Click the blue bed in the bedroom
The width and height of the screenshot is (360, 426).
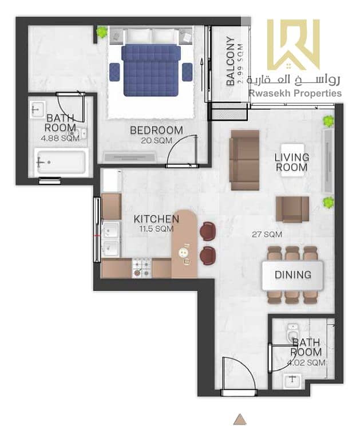(x=151, y=70)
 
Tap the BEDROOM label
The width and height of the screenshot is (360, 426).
(x=156, y=131)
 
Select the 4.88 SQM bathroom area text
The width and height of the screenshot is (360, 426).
(x=60, y=139)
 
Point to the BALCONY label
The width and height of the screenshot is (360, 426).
(x=231, y=61)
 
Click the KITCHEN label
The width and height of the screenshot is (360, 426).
(x=156, y=219)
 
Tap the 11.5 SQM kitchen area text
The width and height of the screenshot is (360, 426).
(x=156, y=229)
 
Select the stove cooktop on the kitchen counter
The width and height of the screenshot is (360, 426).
(x=142, y=268)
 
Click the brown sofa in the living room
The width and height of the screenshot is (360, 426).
(x=244, y=160)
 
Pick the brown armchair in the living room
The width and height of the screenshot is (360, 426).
(x=292, y=209)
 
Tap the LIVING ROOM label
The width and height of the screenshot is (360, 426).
(x=292, y=162)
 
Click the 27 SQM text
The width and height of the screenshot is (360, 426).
(x=267, y=234)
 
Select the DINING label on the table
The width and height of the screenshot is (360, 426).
(x=293, y=275)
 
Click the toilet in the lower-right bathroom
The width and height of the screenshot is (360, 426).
(x=293, y=332)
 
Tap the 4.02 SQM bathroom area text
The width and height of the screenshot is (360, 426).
(x=307, y=362)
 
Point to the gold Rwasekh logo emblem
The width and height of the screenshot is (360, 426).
(x=294, y=44)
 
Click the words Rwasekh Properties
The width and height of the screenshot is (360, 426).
(x=295, y=93)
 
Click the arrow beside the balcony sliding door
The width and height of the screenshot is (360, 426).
(x=201, y=74)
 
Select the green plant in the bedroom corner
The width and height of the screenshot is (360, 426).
(x=102, y=32)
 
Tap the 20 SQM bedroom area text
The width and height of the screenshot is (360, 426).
(x=157, y=141)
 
